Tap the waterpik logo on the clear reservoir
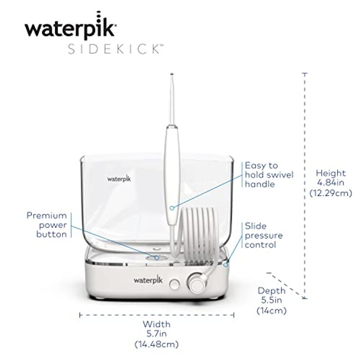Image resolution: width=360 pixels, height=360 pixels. coord(119,179)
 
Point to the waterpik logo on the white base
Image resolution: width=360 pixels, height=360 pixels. coord(148,279)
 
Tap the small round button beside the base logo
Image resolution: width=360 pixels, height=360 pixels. coord(175,284)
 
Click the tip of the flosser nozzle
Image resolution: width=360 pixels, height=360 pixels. coord(172,74)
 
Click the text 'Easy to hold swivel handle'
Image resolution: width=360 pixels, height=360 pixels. coord(269,175)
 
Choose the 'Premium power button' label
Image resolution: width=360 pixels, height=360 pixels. coord(47,225)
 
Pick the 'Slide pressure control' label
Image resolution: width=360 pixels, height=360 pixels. coord(264,235)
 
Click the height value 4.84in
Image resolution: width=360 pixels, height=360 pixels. coord(331,183)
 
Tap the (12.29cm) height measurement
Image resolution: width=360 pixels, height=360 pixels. coord(331,193)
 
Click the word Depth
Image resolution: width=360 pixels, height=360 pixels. coord(272,291)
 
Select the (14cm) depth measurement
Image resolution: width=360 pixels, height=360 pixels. coord(272,310)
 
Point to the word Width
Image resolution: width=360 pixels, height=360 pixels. coord(157,324)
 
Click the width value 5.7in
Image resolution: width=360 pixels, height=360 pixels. coord(157,333)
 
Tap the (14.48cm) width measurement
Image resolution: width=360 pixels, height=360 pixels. coord(157,344)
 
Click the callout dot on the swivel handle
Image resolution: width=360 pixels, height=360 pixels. coord(172,208)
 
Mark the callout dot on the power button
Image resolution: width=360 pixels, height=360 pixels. coord(157,258)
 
